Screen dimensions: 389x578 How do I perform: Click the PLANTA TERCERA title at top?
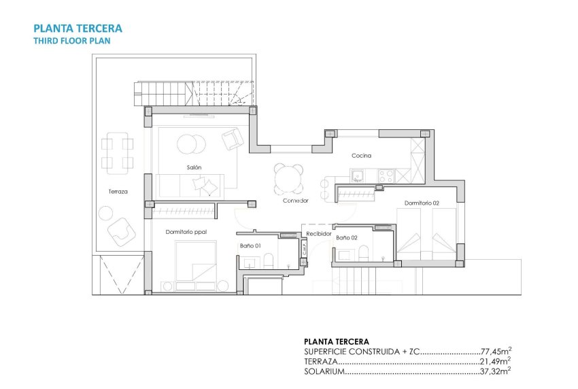[78, 29]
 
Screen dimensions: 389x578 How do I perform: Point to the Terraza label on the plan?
[118, 192]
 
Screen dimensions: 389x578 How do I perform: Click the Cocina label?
[361, 156]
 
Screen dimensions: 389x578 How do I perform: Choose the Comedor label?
[296, 201]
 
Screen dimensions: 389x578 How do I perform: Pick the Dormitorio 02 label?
[422, 203]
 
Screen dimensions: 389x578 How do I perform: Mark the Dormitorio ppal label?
[186, 232]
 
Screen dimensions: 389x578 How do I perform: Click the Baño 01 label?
[250, 245]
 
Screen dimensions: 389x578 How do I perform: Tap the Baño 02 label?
[347, 237]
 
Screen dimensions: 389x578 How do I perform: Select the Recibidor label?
[318, 234]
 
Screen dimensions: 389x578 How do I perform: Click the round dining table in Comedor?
[288, 179]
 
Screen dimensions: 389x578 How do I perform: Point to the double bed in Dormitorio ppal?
[196, 262]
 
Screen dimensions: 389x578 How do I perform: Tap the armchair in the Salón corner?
[233, 139]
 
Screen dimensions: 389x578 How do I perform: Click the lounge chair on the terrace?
[123, 231]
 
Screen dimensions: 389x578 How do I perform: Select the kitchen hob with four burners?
[386, 175]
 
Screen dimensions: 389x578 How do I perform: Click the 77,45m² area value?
[496, 352]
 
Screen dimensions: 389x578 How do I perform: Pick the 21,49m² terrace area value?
[496, 362]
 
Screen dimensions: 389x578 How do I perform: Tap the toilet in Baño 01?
[269, 260]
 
